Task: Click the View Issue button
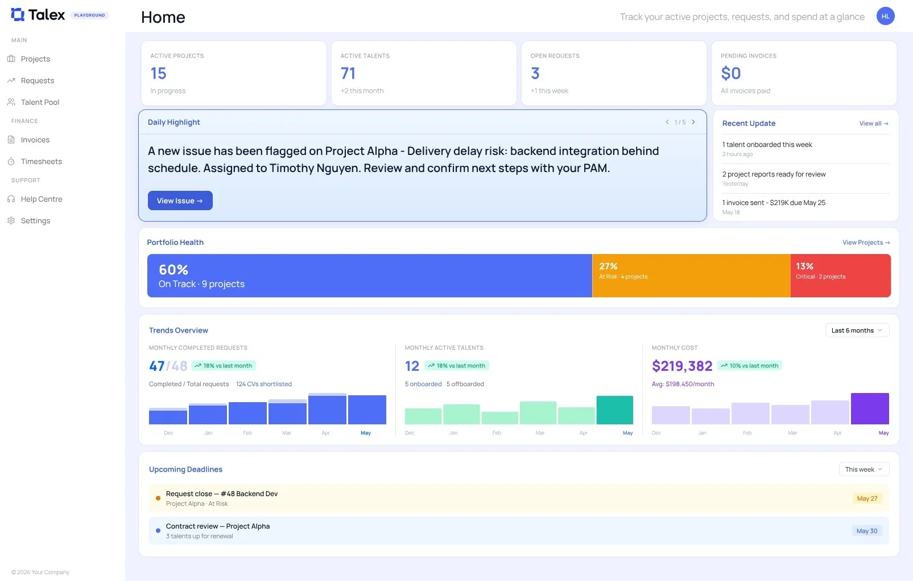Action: (180, 201)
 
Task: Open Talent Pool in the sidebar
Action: (40, 102)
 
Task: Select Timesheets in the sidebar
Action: (41, 161)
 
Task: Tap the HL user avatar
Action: (885, 17)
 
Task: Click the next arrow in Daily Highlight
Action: (693, 122)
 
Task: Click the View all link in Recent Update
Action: (873, 123)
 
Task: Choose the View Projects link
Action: (866, 242)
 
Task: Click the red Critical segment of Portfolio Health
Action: (840, 275)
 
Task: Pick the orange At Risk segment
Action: (691, 275)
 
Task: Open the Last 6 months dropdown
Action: (857, 330)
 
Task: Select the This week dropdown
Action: (864, 469)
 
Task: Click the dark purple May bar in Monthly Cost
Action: (870, 408)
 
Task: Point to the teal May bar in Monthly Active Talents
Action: (615, 410)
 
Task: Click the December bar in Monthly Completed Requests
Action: (168, 416)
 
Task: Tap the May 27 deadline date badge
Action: (867, 498)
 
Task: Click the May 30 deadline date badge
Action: (866, 531)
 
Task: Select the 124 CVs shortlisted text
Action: (264, 384)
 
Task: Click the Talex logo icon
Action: (18, 15)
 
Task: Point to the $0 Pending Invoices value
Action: (730, 73)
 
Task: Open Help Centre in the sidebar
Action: (42, 199)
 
